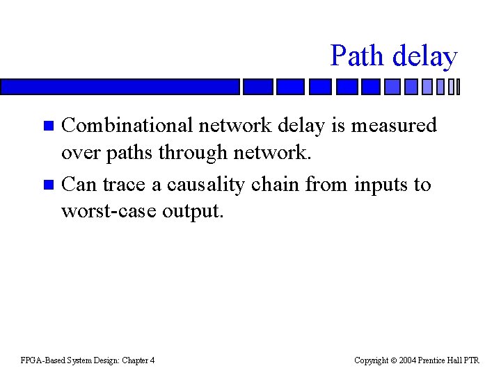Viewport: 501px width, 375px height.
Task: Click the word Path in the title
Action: [x=355, y=56]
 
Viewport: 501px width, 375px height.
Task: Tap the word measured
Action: [x=394, y=125]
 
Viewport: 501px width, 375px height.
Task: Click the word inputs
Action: [x=380, y=184]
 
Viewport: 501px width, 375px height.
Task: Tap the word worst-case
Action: [x=109, y=210]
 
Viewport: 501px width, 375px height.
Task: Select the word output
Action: [x=193, y=211]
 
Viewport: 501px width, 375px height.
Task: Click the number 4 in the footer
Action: [x=152, y=360]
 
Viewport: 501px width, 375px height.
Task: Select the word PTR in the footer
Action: [x=471, y=360]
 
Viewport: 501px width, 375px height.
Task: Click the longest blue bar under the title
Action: [x=120, y=87]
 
